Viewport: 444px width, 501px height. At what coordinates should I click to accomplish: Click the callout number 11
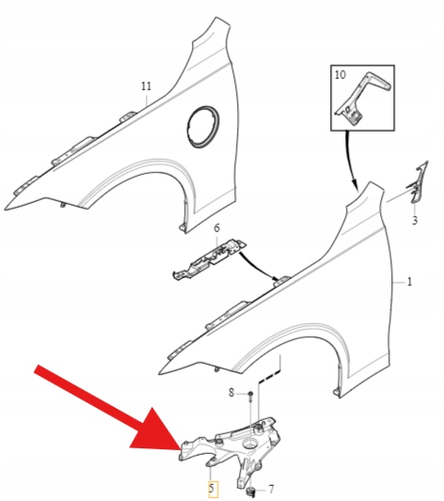pos(146,86)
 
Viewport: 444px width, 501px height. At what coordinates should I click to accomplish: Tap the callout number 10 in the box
pos(341,75)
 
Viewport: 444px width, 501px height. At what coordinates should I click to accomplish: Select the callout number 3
pos(415,221)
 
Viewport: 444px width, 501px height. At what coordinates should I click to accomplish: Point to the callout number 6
pos(216,228)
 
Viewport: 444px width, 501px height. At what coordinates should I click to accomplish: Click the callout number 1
pos(409,282)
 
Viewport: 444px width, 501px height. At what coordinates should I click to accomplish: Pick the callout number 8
pos(231,393)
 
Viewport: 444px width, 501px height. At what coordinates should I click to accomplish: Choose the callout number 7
pos(271,489)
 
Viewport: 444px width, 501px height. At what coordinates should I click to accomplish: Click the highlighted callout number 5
pos(213,489)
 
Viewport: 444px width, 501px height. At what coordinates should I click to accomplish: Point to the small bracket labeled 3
pos(417,182)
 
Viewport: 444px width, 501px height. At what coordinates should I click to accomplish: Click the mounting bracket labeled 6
pos(210,259)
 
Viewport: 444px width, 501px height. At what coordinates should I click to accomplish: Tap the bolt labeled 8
pos(250,397)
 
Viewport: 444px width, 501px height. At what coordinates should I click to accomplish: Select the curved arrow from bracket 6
pos(260,268)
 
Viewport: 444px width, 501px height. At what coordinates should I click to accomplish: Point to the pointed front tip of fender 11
pos(6,210)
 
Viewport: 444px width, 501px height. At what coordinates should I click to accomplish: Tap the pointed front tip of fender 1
pos(160,373)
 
